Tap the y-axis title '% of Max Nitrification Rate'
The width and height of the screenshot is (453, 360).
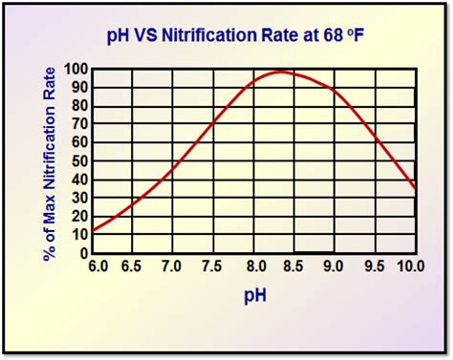[x=49, y=161]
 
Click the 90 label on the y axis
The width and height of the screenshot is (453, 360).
[x=79, y=88]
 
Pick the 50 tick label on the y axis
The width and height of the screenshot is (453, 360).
[x=79, y=161]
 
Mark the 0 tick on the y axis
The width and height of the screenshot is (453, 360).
[x=83, y=253]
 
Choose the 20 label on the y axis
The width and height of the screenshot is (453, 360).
[x=79, y=217]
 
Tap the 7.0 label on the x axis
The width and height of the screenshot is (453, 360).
[x=172, y=266]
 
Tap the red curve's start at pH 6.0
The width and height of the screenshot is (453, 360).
[x=92, y=230]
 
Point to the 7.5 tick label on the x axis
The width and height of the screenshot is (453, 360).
[x=213, y=266]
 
